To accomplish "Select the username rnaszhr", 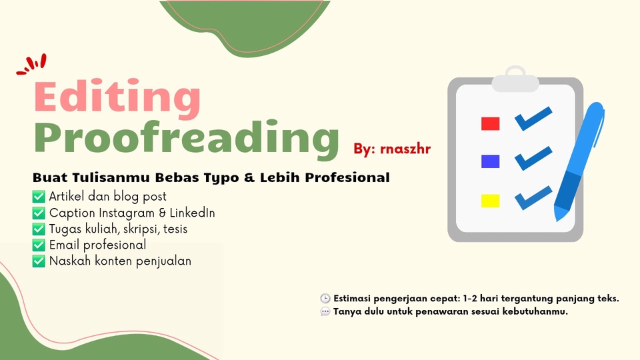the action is (405, 149).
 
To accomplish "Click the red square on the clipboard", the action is (490, 123).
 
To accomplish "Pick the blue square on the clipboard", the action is (490, 161).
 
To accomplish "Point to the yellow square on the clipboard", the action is (490, 201).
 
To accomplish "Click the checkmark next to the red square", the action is (533, 119).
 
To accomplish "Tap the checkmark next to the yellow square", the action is (533, 198).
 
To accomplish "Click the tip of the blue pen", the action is (557, 220).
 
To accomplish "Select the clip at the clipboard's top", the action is (515, 79).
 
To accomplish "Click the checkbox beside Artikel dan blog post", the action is (39, 197).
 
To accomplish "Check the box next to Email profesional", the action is (39, 245).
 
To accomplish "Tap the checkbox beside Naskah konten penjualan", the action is (39, 261).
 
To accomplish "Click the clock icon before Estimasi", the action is (325, 299).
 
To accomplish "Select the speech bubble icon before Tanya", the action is (325, 312).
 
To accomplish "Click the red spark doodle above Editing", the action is (32, 65).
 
